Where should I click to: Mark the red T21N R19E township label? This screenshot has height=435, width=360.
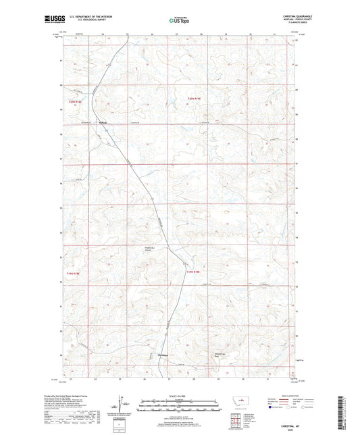195,272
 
